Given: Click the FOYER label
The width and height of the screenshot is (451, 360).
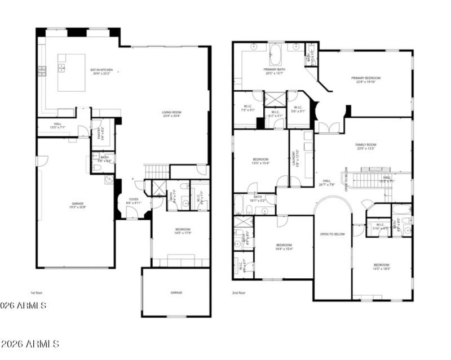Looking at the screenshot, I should coord(134,201).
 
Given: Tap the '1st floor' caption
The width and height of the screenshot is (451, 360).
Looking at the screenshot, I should coord(37,293).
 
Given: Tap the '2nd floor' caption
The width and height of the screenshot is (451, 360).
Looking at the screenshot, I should coord(238,293).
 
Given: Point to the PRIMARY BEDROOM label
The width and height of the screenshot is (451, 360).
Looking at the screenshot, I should coord(365,79).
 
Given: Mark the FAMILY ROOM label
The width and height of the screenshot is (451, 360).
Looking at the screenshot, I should coord(365,146).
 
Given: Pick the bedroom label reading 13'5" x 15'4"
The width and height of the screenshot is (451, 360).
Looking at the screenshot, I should coord(260,162).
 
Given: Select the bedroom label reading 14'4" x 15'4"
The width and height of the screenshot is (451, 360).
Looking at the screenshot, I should coord(284,247).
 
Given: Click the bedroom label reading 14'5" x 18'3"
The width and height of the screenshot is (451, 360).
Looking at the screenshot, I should coord(381,266).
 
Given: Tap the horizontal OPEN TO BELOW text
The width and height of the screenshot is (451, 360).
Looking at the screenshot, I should coord(332,234).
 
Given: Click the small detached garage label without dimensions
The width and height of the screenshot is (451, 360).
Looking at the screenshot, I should coord(176,293).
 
